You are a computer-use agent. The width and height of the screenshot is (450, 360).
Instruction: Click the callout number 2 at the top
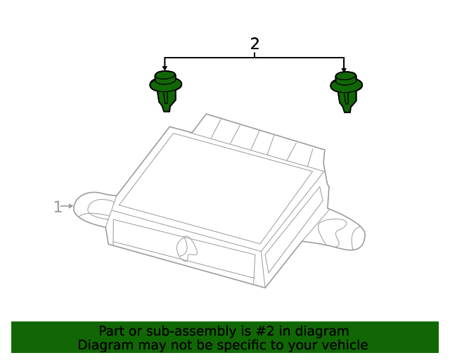[x=255, y=44]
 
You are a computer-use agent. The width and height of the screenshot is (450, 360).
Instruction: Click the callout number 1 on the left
[x=57, y=207]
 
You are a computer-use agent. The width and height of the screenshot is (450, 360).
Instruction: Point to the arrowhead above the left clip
[x=165, y=68]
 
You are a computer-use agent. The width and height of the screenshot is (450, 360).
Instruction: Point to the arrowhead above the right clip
[x=344, y=68]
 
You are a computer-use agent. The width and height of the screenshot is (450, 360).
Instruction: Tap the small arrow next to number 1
[x=68, y=206]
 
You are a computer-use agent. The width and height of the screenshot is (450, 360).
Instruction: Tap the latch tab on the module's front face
[x=187, y=247]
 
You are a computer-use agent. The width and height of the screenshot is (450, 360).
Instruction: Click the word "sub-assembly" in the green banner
[x=164, y=331]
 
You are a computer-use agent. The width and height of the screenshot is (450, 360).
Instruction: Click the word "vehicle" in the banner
[x=345, y=345]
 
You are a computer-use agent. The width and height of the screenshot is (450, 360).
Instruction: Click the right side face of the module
[x=294, y=232]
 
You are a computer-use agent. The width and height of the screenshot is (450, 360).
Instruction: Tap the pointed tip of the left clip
[x=166, y=109]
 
